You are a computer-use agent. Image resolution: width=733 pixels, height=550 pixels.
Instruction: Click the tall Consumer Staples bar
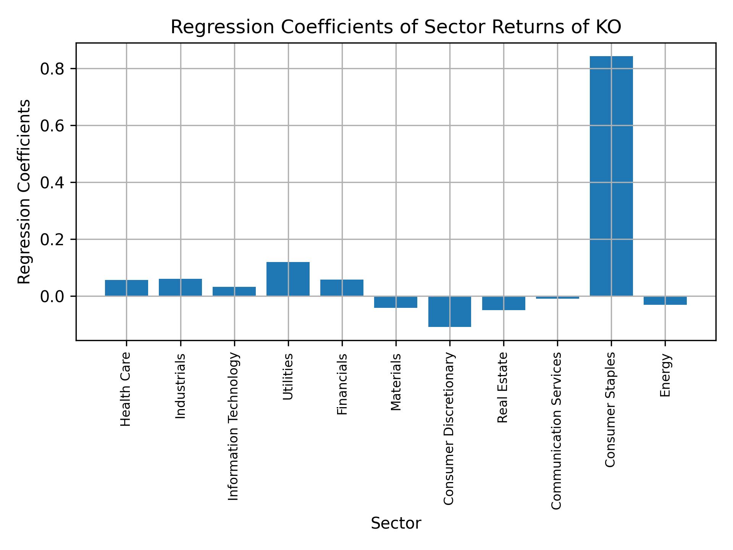(611, 176)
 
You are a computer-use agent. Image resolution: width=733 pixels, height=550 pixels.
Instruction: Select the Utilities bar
(288, 279)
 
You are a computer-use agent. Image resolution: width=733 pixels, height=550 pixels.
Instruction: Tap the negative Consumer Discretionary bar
(449, 311)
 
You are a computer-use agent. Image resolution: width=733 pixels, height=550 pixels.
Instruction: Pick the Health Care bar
(126, 288)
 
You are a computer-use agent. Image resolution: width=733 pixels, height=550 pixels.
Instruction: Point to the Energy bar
(665, 300)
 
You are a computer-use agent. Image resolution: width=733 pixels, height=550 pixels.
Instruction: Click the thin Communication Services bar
(557, 297)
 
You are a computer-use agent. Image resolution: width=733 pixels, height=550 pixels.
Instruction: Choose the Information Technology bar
(234, 291)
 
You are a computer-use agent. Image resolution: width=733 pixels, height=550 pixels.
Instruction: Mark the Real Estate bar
(504, 303)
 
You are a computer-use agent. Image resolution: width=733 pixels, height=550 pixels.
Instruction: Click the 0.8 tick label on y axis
(52, 69)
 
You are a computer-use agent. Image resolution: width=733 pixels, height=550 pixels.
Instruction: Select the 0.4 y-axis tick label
(52, 183)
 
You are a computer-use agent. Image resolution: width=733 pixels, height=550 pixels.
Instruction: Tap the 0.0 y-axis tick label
(52, 296)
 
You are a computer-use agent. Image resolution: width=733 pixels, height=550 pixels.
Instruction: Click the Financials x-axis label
(342, 384)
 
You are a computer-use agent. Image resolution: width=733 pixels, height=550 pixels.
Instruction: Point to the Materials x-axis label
(396, 382)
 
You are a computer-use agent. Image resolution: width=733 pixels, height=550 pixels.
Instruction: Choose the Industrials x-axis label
(180, 386)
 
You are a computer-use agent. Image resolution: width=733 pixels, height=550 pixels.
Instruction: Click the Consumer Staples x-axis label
(611, 409)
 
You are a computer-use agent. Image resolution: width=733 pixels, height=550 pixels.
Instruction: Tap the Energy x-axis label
(665, 375)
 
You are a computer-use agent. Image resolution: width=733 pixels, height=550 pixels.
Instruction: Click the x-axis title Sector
(396, 524)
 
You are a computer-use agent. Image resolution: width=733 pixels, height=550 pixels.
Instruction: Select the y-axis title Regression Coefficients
(24, 192)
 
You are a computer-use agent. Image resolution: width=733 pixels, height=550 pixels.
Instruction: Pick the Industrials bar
(180, 287)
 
